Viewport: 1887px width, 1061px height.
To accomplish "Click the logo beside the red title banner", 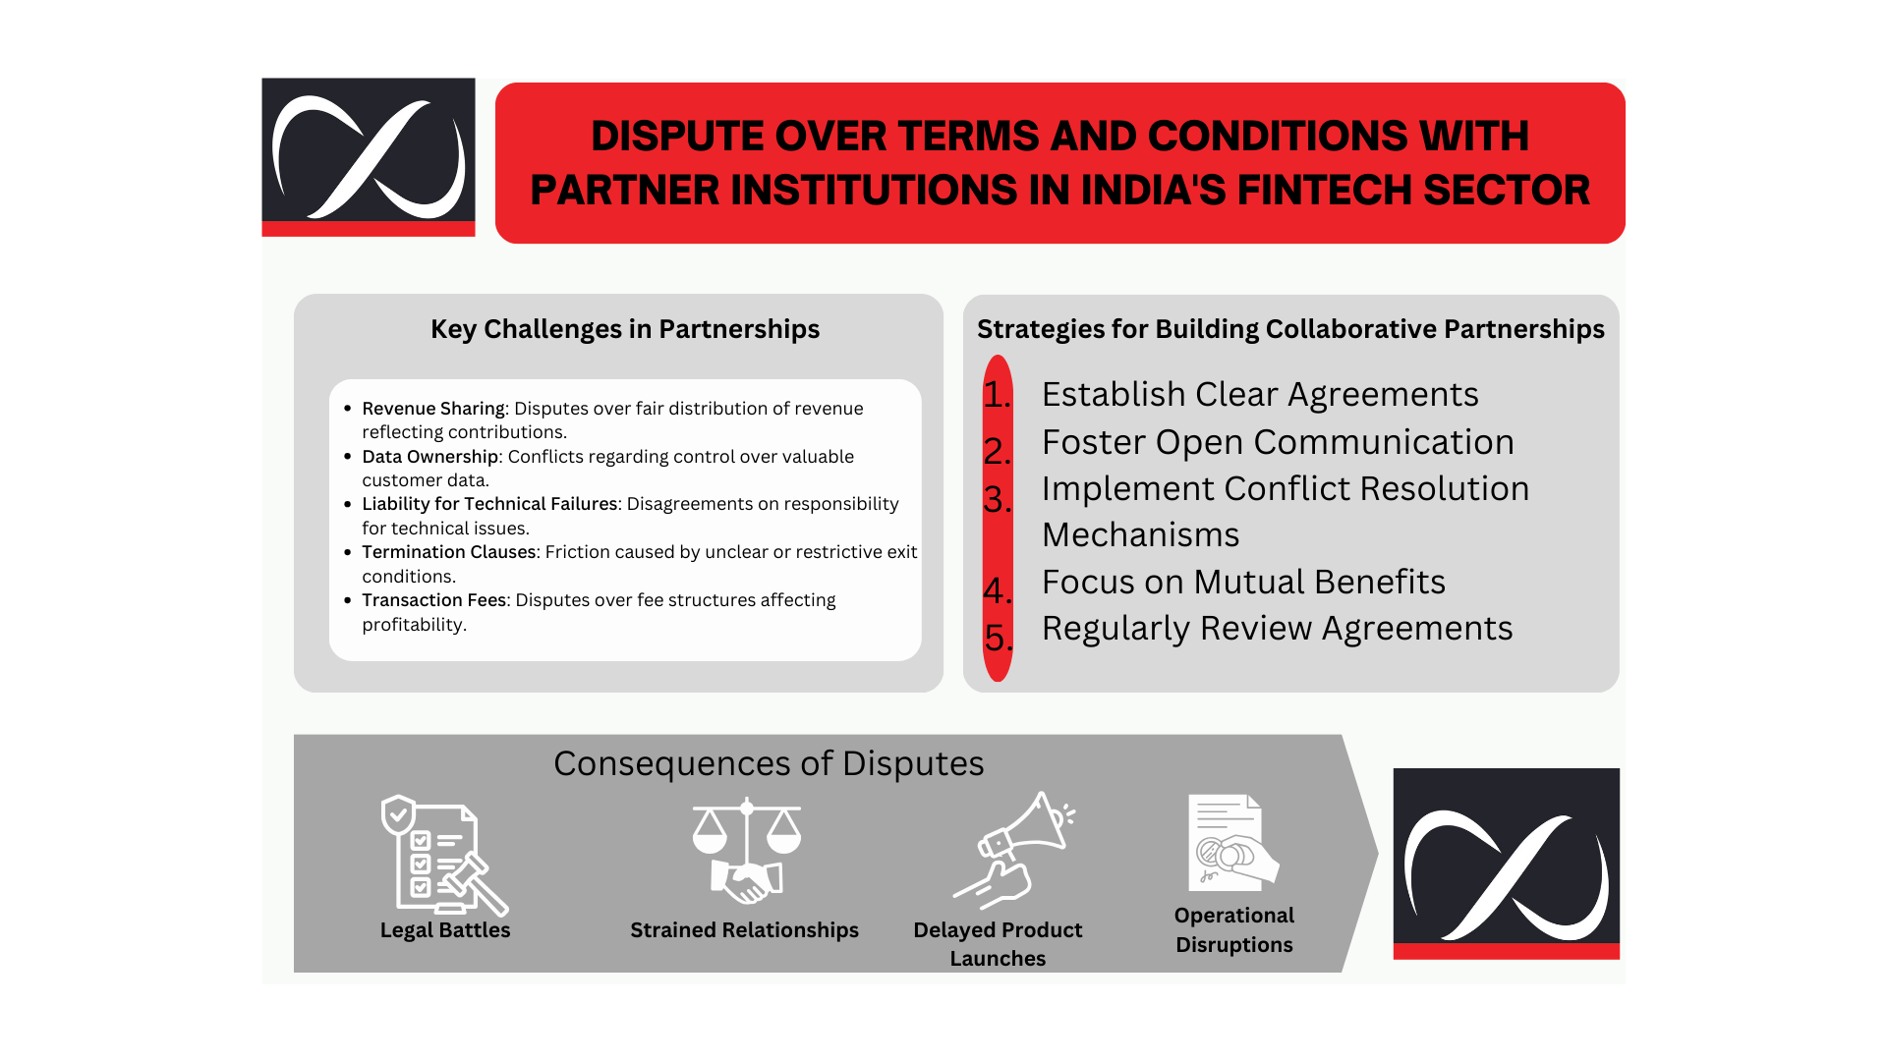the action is pos(369,157).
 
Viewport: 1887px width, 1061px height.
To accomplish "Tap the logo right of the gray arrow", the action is pos(1506,864).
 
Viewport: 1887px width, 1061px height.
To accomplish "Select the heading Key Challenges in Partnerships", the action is pos(625,329).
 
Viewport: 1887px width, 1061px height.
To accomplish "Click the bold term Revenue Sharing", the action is pos(433,409).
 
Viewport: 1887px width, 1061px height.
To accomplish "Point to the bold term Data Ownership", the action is pos(430,457).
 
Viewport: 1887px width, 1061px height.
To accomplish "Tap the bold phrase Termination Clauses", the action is pos(449,552).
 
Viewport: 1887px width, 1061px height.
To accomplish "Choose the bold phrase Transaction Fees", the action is pos(434,600).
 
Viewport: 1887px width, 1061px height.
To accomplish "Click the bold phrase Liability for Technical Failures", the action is pos(489,504).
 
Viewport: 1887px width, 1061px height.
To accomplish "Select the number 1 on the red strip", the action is pos(997,395).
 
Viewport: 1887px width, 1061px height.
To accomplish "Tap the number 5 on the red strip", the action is pos(998,639).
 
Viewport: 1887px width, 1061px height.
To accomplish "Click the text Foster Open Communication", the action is pos(1278,443).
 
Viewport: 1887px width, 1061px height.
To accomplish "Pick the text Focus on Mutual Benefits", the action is pos(1243,582).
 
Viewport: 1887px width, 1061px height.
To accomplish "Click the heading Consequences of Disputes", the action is pos(769,763).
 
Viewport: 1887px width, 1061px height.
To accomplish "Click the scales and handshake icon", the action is pos(747,851).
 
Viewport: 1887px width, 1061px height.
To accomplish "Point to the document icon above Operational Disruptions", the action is pos(1233,842).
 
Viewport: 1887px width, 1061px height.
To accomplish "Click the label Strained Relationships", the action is pos(744,930).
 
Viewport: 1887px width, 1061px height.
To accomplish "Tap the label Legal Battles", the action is pos(445,930).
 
